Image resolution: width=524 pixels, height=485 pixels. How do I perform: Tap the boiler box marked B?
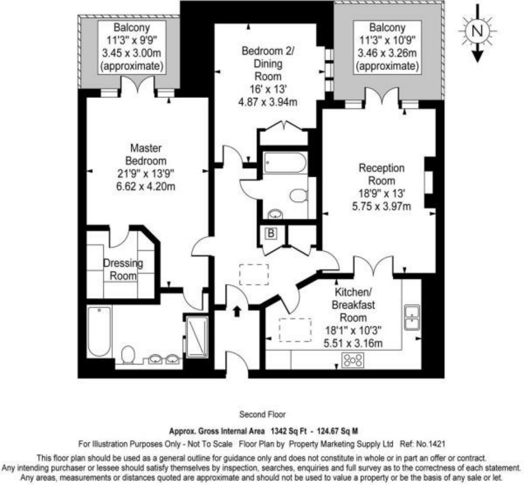point(271,233)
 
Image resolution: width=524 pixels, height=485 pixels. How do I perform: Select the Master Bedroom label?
point(146,155)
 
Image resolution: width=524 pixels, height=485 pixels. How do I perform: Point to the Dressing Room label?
point(123,269)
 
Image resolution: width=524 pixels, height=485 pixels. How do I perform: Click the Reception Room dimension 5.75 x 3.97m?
point(381,207)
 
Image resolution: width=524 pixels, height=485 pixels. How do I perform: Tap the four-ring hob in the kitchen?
point(353,360)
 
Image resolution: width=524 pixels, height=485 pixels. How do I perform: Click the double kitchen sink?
point(412,317)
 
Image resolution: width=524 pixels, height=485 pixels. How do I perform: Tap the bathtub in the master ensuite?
point(99,331)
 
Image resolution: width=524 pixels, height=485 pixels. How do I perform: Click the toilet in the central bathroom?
point(299,195)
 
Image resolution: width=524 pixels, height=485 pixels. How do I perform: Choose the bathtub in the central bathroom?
point(285,163)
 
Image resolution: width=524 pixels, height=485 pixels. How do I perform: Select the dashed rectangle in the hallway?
point(254,275)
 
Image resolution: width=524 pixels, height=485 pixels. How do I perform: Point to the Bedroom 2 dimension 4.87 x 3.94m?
point(268,102)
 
